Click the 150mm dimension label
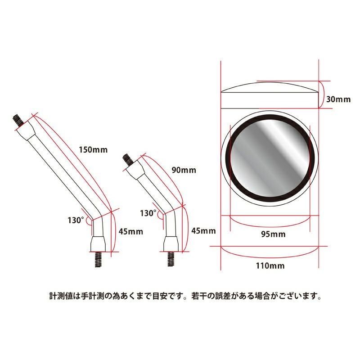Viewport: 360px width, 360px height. (93, 150)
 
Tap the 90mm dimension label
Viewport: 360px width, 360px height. (184, 170)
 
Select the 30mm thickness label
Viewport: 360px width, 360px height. (338, 99)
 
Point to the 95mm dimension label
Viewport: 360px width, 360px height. (273, 234)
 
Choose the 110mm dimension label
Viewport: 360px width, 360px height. (270, 265)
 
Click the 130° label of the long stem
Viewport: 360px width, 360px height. (76, 220)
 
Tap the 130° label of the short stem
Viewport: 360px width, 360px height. (148, 213)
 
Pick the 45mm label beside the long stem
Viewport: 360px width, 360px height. (131, 231)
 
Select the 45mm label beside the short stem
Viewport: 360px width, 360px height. (204, 231)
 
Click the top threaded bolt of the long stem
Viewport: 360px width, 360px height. (18, 121)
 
